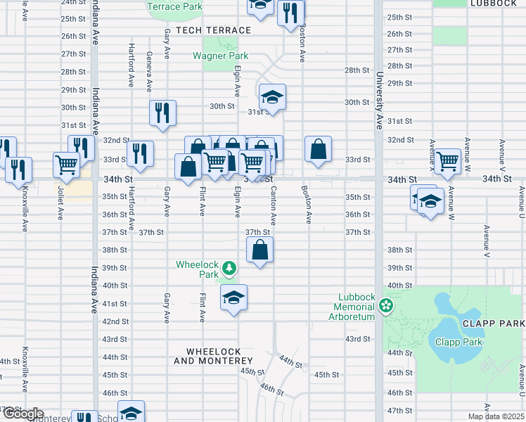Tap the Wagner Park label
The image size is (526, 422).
tap(220, 56)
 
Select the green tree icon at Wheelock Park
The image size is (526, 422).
tap(229, 268)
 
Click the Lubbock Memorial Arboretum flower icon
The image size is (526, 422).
tap(385, 305)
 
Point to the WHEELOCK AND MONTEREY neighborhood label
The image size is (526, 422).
tap(213, 356)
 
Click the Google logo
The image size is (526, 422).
tap(23, 414)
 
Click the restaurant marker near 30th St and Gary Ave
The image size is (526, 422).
tap(162, 113)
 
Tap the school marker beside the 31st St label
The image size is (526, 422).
tap(272, 97)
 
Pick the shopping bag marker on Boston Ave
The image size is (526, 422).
tap(318, 149)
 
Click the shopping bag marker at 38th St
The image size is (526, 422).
tap(259, 249)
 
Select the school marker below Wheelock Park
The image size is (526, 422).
tap(234, 298)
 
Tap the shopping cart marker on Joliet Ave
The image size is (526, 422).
tap(66, 165)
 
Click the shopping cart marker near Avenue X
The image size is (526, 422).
tap(447, 161)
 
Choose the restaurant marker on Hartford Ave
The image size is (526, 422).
tap(141, 153)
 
